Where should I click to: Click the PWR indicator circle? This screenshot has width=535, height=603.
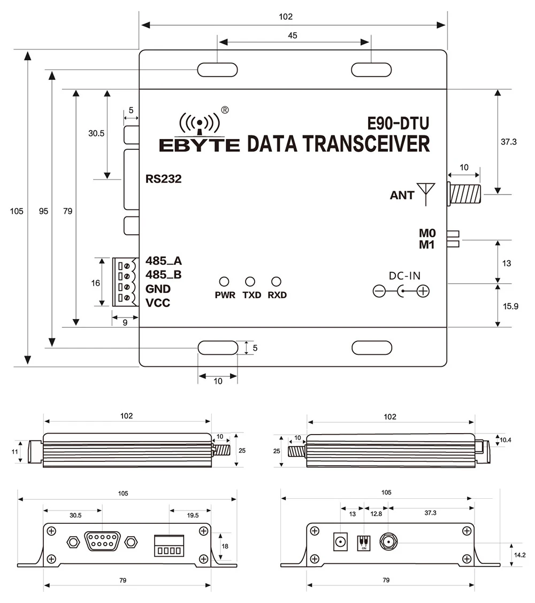(225, 281)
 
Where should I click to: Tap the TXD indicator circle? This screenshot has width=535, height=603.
(250, 281)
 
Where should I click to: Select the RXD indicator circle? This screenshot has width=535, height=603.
(276, 281)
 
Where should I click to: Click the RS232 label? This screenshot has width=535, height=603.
(164, 179)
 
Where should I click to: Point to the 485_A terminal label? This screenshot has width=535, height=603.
(163, 261)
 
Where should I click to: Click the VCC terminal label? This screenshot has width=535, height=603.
(158, 303)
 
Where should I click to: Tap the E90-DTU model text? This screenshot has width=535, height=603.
(398, 124)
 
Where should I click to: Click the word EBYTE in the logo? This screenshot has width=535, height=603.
(200, 144)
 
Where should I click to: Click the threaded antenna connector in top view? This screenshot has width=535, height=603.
(465, 194)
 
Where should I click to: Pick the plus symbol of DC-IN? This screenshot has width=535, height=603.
(423, 291)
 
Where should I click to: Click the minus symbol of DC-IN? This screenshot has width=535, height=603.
(379, 291)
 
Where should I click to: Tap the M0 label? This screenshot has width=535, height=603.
(428, 233)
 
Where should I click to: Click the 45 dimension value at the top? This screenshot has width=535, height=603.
(293, 36)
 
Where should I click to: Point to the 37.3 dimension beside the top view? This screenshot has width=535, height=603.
(509, 143)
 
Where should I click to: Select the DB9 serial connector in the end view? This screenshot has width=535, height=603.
(101, 543)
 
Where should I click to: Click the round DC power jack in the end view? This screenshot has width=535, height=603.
(339, 543)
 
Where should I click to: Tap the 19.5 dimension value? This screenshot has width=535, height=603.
(193, 515)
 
